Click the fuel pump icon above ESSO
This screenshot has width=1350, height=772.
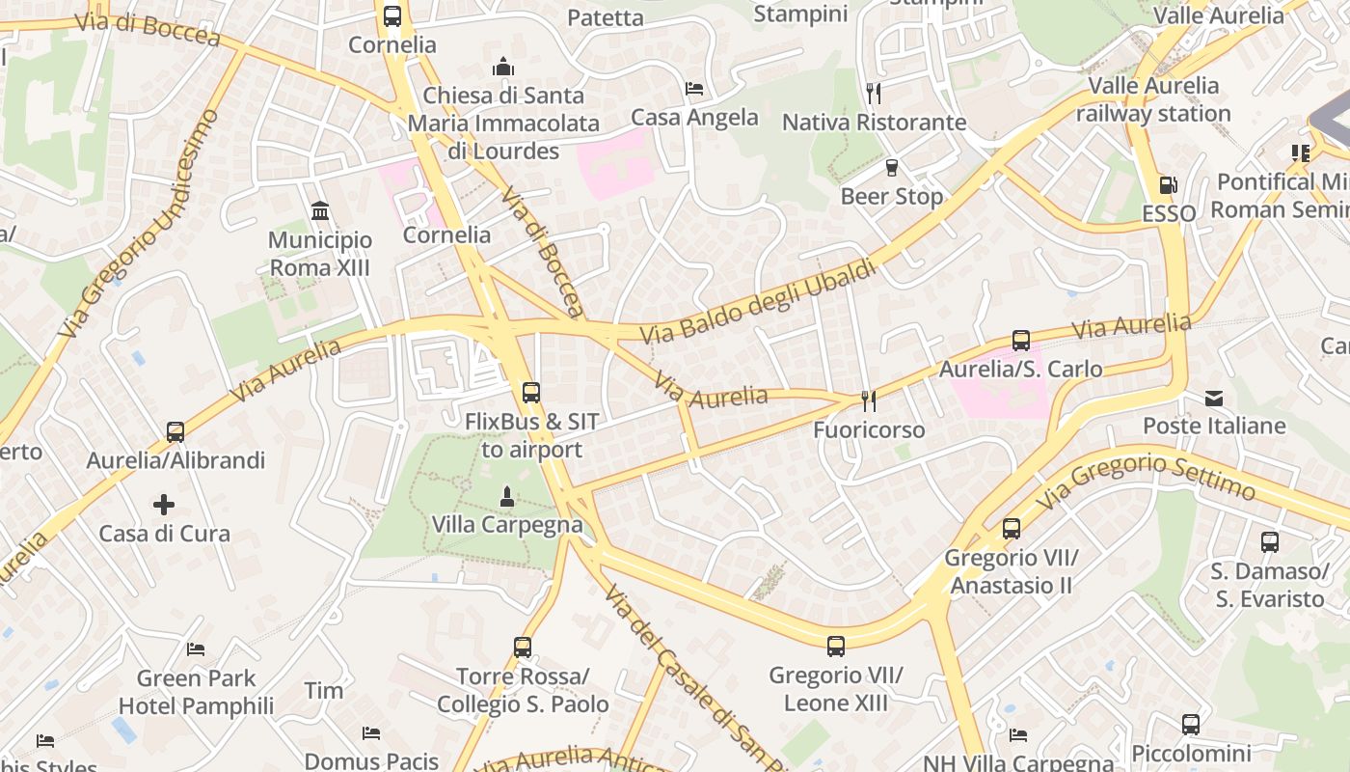tap(1168, 184)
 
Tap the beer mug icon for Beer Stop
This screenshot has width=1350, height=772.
tap(892, 167)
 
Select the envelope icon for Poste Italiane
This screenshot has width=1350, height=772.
tap(1214, 398)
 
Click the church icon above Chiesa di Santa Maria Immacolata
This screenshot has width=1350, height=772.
tap(503, 67)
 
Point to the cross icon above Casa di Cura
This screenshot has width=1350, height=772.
tap(164, 504)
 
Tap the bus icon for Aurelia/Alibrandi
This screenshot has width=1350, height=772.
tap(175, 431)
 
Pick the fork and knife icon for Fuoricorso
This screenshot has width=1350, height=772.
tap(869, 400)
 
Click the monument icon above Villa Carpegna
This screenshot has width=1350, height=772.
tap(506, 496)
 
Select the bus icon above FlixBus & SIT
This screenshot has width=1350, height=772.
tap(530, 393)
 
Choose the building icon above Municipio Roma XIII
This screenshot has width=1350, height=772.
tap(320, 210)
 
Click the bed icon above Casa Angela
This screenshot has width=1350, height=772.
tap(693, 89)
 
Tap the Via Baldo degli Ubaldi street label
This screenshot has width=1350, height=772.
tap(760, 300)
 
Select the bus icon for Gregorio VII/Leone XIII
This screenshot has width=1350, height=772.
tap(836, 647)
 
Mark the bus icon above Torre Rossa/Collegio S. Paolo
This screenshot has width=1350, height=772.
tap(523, 648)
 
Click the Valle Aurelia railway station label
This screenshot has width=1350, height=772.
tap(1153, 99)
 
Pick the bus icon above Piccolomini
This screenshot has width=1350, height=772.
tap(1191, 725)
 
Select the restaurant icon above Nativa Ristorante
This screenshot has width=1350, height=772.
tap(874, 94)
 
